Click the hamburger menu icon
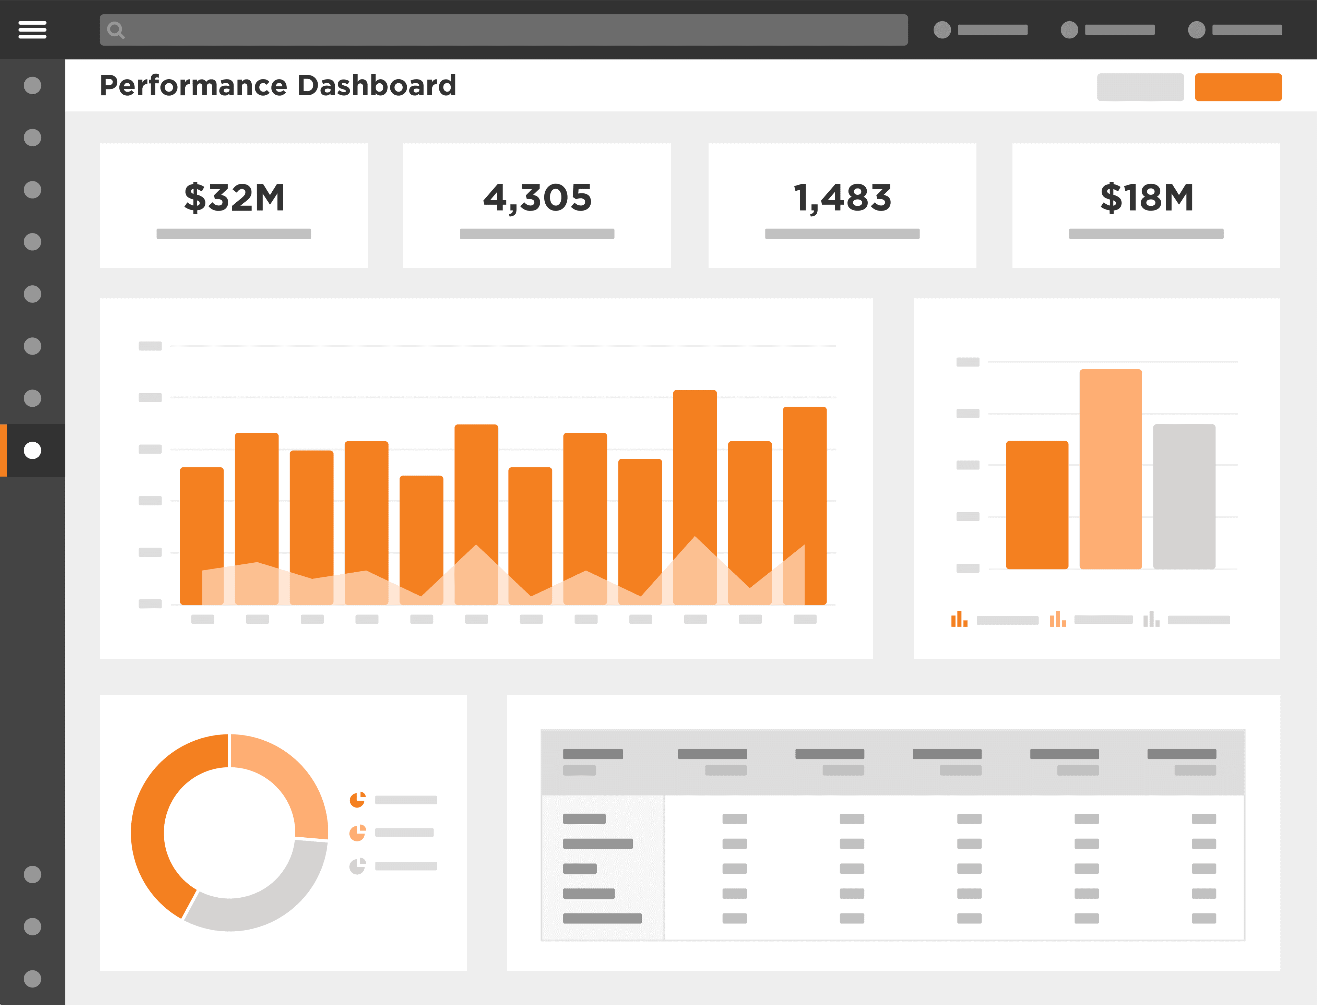point(32,29)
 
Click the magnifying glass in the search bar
point(116,30)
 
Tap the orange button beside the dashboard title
point(1238,87)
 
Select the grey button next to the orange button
point(1140,87)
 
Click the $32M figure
point(234,198)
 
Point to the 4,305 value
point(537,198)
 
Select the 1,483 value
point(842,198)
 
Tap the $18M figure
point(1147,198)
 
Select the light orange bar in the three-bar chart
point(1111,469)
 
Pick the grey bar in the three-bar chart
point(1184,496)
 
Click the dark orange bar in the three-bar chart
point(1037,505)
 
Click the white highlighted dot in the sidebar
point(32,451)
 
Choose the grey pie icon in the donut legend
point(357,865)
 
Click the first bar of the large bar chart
point(202,536)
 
